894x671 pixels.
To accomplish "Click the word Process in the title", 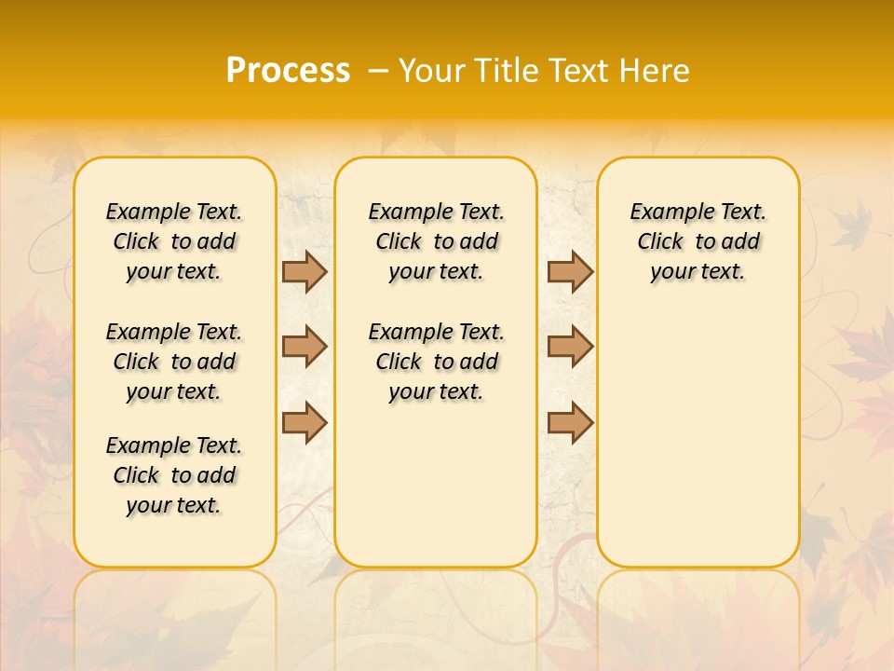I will (x=288, y=70).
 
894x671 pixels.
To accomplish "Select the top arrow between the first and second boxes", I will (x=305, y=271).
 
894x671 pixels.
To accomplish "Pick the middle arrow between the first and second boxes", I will (x=305, y=347).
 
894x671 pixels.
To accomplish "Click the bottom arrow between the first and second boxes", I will (x=305, y=422).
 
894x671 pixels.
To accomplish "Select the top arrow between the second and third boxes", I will (x=570, y=271).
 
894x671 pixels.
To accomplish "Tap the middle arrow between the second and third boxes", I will (x=570, y=347).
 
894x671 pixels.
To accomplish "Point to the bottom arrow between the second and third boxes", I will (x=570, y=422).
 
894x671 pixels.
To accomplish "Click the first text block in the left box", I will (x=174, y=241).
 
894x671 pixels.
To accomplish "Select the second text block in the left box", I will (x=174, y=362).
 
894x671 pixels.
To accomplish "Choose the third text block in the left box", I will (x=174, y=475).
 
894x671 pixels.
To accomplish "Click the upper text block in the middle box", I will (x=436, y=241).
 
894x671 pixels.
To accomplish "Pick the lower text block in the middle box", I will (x=436, y=362).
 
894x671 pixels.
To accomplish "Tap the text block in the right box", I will (x=698, y=241).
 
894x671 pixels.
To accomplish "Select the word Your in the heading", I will (x=434, y=70).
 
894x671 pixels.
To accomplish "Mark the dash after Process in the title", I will (x=376, y=70).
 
